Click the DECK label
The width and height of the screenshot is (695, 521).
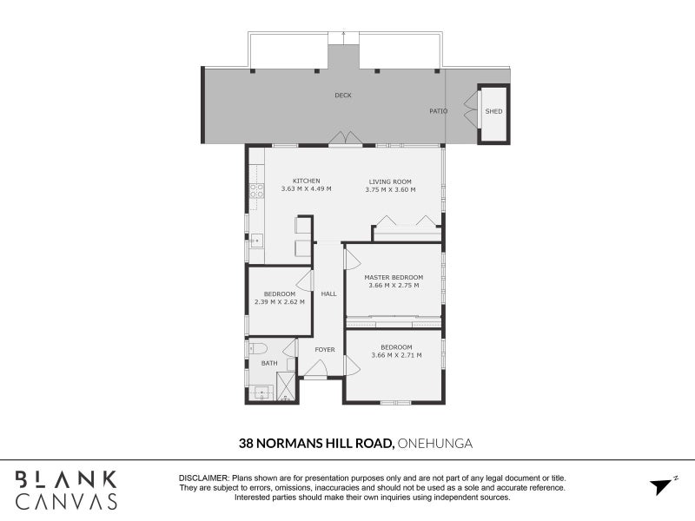343,96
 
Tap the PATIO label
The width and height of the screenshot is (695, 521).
439,111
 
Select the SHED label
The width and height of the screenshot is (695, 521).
493,111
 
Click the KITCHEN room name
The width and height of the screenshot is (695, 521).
307,181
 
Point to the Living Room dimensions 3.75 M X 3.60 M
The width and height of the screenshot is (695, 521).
390,189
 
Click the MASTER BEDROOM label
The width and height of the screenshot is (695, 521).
394,277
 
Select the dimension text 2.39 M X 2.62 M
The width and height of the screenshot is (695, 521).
280,302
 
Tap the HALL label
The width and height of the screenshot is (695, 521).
329,293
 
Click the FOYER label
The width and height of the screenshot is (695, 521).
325,350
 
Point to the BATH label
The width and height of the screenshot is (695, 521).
269,363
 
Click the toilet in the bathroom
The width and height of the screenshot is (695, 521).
257,348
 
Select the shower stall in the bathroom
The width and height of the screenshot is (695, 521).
286,386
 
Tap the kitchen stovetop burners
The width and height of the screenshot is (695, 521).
256,191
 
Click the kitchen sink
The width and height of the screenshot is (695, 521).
256,241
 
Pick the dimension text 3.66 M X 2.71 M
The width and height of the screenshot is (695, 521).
397,355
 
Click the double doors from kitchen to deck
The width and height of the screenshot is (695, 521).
345,138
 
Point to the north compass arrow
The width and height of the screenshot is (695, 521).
661,486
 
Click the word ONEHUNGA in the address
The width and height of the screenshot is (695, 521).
435,444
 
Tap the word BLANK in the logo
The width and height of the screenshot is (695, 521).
66,480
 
